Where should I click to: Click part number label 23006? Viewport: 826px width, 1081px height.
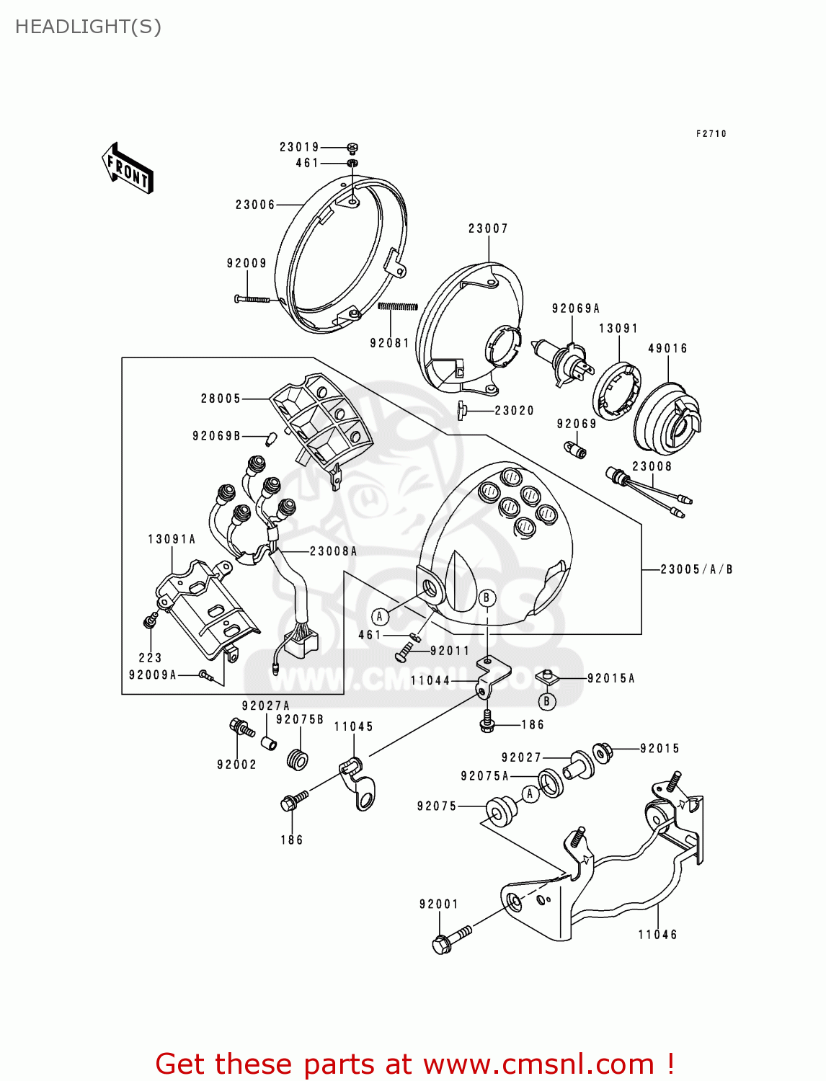coord(255,205)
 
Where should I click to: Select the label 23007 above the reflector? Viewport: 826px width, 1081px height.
coord(488,228)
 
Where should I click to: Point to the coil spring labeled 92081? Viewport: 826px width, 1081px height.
coord(398,307)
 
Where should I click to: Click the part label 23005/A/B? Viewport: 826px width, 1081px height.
coord(696,569)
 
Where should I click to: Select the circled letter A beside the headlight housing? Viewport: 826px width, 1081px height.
coord(380,616)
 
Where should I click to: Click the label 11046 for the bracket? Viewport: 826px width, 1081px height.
coord(657,935)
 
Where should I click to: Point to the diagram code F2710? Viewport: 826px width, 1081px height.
coord(711,134)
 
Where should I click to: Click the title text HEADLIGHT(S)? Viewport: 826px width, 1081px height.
coord(88,27)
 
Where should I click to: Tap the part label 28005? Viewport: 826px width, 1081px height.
coord(221,399)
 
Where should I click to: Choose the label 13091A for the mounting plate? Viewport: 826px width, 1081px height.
coord(172,539)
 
